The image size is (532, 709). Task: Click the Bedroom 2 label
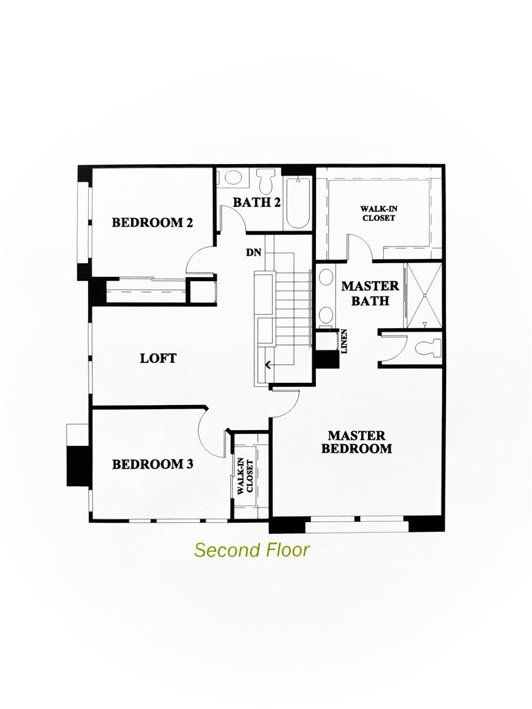[152, 222]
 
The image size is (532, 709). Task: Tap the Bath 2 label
[256, 202]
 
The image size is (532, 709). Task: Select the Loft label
[158, 358]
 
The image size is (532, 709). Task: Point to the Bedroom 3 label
[152, 464]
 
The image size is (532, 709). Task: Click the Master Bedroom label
[357, 442]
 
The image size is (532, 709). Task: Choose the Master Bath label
[370, 293]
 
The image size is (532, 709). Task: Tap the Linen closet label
[344, 341]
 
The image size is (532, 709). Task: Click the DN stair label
[254, 253]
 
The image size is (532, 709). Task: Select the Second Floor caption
[252, 550]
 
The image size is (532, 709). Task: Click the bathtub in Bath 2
[298, 203]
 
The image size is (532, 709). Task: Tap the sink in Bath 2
[233, 177]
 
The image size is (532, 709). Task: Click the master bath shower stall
[423, 296]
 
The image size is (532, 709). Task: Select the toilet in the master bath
[427, 348]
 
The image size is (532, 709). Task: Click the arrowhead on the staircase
[268, 364]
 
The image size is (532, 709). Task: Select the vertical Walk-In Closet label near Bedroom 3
[245, 475]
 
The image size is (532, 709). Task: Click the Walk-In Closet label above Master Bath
[378, 213]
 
